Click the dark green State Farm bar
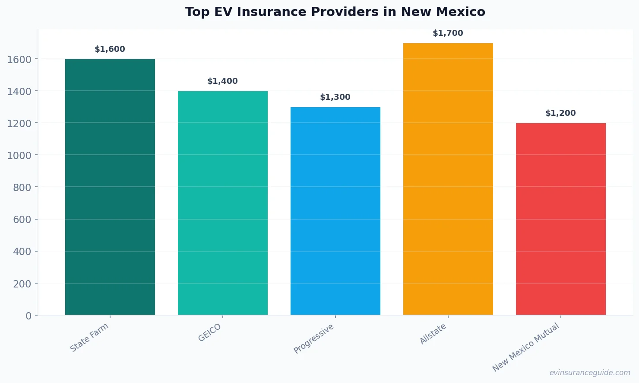click(110, 187)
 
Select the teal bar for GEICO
click(223, 203)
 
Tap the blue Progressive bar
click(335, 211)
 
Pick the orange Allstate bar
click(448, 179)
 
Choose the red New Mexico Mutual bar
click(561, 219)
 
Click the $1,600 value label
click(110, 49)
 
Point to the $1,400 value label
click(223, 81)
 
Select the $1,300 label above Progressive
click(335, 97)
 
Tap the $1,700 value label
click(448, 33)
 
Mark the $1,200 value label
click(561, 113)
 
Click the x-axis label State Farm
click(89, 338)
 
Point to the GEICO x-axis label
click(210, 332)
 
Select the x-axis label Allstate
click(433, 334)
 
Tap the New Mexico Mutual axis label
click(526, 347)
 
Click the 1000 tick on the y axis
click(19, 155)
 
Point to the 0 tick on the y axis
click(28, 316)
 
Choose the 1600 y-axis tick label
click(19, 59)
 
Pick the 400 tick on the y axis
click(22, 252)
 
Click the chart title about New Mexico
click(335, 12)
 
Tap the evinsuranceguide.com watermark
click(590, 373)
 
